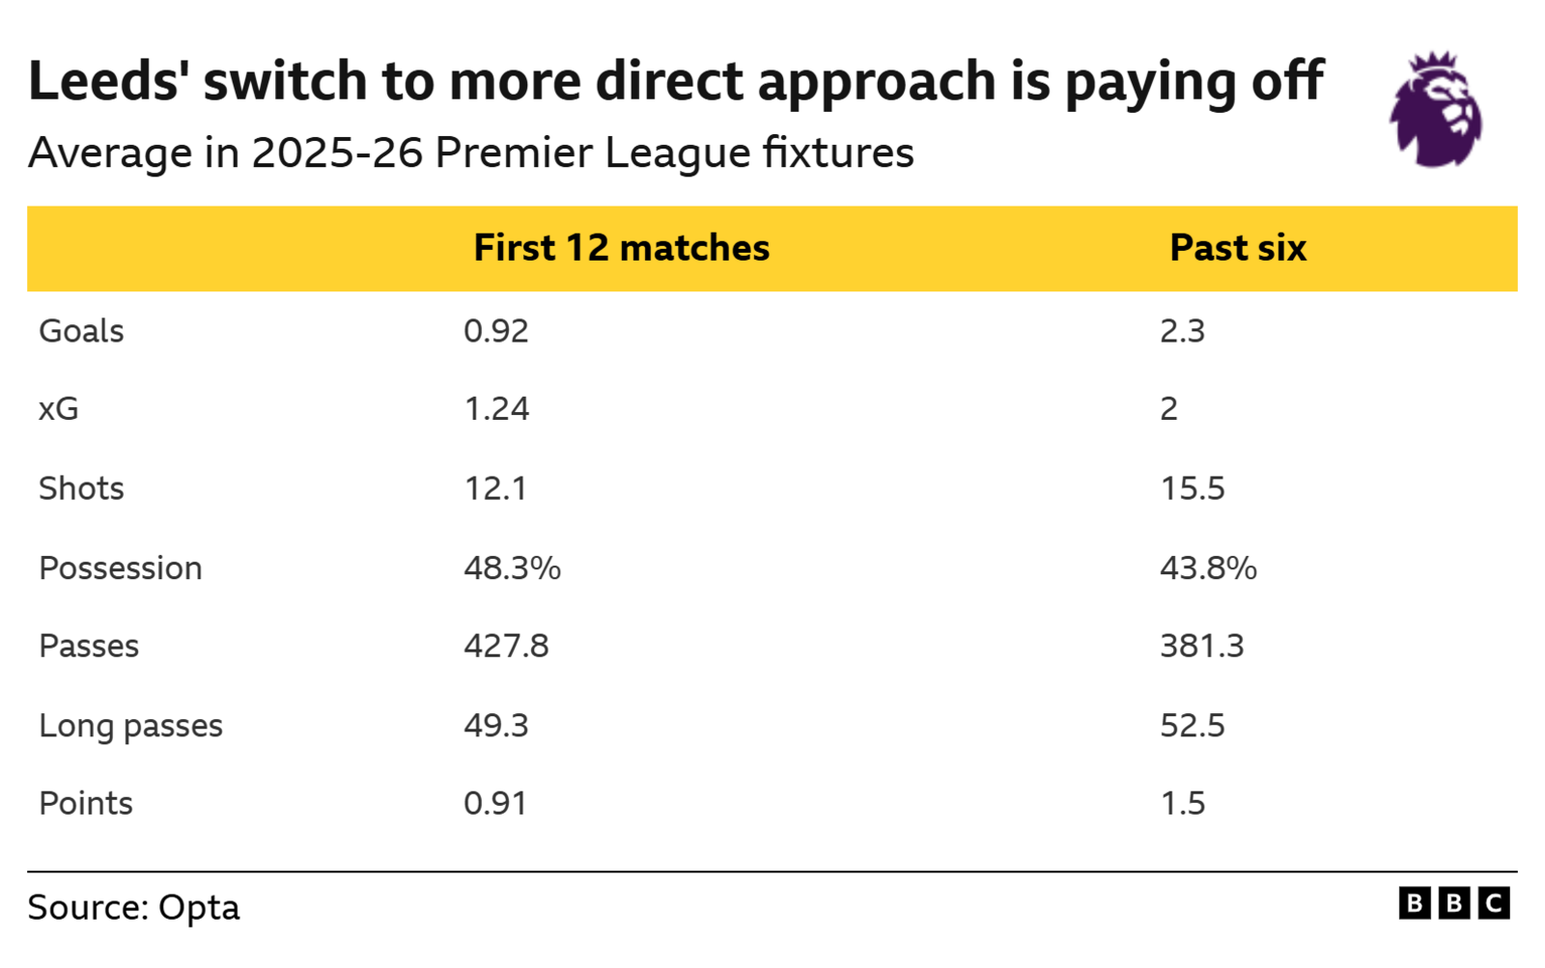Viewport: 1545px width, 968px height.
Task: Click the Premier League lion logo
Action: click(x=1436, y=110)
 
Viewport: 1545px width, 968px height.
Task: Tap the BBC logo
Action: click(x=1453, y=903)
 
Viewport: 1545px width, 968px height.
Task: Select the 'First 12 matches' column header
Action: click(x=621, y=248)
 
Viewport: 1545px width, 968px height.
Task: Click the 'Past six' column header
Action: click(x=1237, y=248)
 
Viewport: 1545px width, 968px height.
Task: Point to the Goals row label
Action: click(x=81, y=331)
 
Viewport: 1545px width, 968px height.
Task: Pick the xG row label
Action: click(x=59, y=409)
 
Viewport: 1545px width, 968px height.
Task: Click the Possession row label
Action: click(x=121, y=568)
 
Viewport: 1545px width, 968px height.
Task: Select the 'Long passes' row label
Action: click(x=130, y=726)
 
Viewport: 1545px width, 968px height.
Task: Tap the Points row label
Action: click(x=86, y=804)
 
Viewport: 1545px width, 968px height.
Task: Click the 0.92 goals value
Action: click(x=496, y=331)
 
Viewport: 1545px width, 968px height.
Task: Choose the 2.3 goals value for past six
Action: click(x=1182, y=331)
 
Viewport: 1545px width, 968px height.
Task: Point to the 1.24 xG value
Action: click(x=496, y=409)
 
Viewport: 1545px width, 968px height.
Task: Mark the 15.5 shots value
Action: click(x=1192, y=488)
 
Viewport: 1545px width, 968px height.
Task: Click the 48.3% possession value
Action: click(x=512, y=568)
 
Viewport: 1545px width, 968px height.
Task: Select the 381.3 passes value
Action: click(x=1201, y=646)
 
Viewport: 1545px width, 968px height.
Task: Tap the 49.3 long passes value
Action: click(x=496, y=726)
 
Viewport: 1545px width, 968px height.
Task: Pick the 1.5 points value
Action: click(x=1182, y=804)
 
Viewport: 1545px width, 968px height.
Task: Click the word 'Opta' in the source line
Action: click(x=199, y=908)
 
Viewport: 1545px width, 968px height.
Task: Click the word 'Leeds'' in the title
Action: click(x=107, y=81)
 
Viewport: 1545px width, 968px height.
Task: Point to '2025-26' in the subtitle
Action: click(x=337, y=153)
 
